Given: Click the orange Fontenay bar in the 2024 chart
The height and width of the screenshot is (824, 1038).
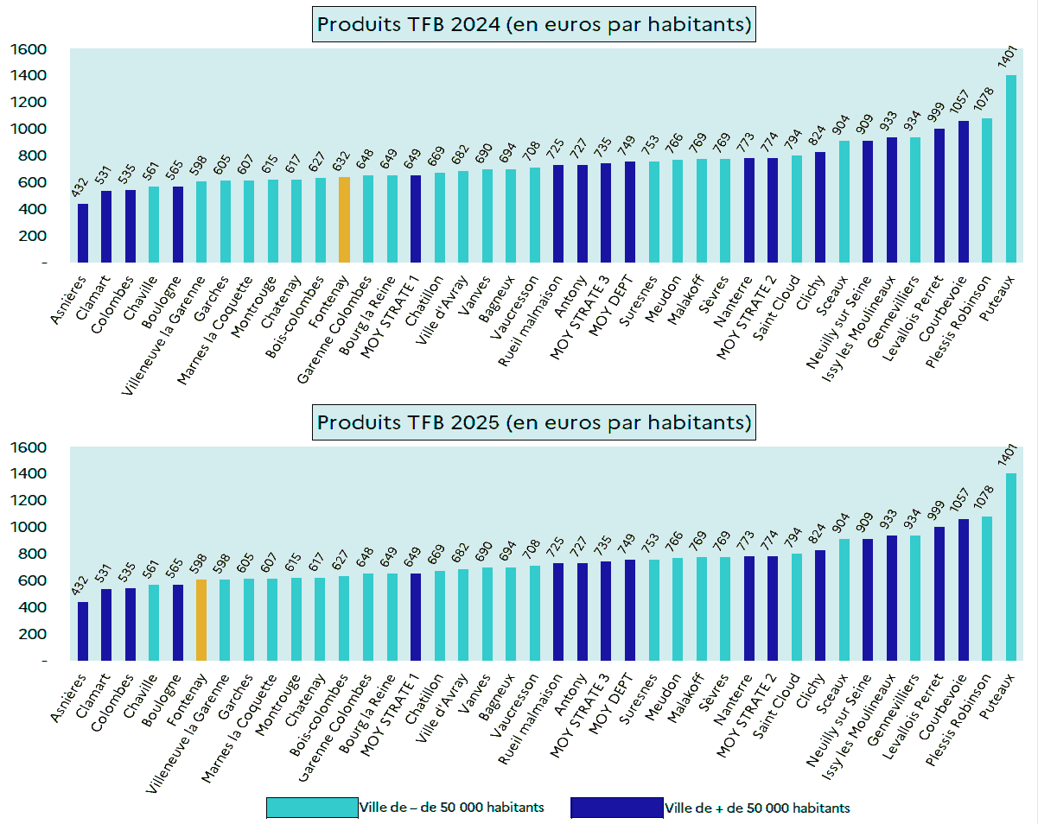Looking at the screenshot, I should [344, 219].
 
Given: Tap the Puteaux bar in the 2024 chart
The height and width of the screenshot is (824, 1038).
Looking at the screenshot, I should [1010, 168].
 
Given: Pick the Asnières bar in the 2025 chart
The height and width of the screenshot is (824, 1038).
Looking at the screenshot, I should [83, 631].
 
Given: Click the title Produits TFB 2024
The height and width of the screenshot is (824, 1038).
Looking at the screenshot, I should [534, 24].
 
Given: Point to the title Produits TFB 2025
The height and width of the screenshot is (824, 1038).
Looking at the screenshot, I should [534, 422].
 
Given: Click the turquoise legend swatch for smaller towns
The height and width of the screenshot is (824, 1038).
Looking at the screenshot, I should [312, 808].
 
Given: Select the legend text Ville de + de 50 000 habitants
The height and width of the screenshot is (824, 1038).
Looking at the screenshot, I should [757, 808].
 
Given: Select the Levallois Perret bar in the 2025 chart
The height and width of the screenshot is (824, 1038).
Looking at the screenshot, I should [939, 593].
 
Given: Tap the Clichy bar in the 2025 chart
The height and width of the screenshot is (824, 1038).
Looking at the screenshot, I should [820, 605].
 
